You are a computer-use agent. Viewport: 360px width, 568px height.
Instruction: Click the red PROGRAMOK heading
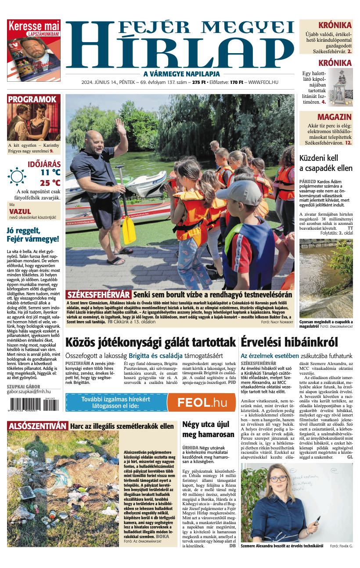[32, 99]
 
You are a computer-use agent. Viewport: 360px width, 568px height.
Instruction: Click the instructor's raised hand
[120, 127]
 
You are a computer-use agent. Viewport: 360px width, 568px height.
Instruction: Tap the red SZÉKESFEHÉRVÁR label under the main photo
[98, 294]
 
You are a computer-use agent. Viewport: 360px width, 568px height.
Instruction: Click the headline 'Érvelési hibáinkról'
[289, 342]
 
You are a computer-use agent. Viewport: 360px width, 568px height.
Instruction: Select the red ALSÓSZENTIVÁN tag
[38, 426]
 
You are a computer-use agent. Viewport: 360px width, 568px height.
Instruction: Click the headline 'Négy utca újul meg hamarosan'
[208, 429]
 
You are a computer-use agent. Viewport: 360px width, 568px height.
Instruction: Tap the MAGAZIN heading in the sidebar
[334, 117]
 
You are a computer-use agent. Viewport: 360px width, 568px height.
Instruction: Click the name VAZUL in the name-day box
[20, 211]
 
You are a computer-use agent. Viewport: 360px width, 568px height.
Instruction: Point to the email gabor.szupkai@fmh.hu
[29, 391]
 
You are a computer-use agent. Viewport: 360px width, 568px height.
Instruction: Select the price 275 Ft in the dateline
[199, 82]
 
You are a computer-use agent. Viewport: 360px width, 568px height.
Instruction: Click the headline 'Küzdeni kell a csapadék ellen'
[326, 163]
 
